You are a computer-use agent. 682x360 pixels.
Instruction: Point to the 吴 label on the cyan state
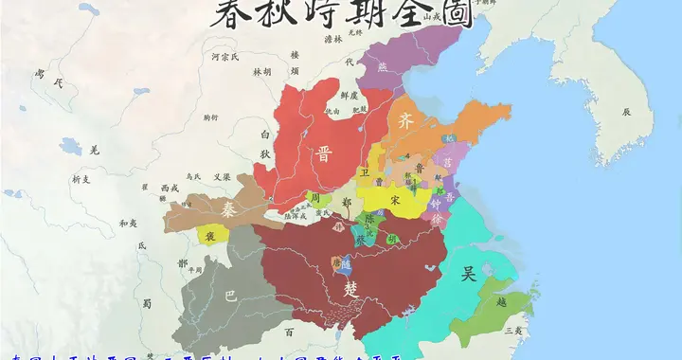click(467, 275)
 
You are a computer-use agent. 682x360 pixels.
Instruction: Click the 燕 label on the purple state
click(383, 67)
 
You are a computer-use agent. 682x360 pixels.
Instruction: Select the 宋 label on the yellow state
click(393, 201)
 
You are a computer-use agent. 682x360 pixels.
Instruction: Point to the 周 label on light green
click(314, 199)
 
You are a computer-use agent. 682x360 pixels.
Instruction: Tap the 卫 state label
click(363, 173)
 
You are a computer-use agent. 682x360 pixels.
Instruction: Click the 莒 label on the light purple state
click(447, 162)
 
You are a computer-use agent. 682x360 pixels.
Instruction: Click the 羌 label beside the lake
click(94, 149)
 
